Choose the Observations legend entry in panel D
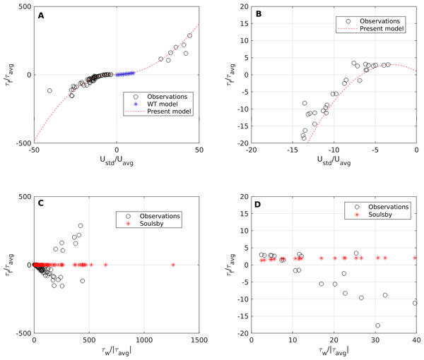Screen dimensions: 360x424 point(378,207)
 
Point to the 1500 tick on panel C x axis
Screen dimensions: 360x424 point(199,341)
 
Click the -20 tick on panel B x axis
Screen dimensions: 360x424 point(251,150)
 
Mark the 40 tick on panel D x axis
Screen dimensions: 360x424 point(416,341)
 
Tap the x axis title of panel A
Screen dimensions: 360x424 point(116,163)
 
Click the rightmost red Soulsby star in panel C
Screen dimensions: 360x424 point(173,265)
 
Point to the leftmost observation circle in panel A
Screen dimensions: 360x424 point(49,90)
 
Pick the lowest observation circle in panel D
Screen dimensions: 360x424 point(378,325)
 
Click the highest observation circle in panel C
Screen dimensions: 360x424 point(81,226)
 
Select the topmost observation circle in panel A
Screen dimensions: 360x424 point(189,35)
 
